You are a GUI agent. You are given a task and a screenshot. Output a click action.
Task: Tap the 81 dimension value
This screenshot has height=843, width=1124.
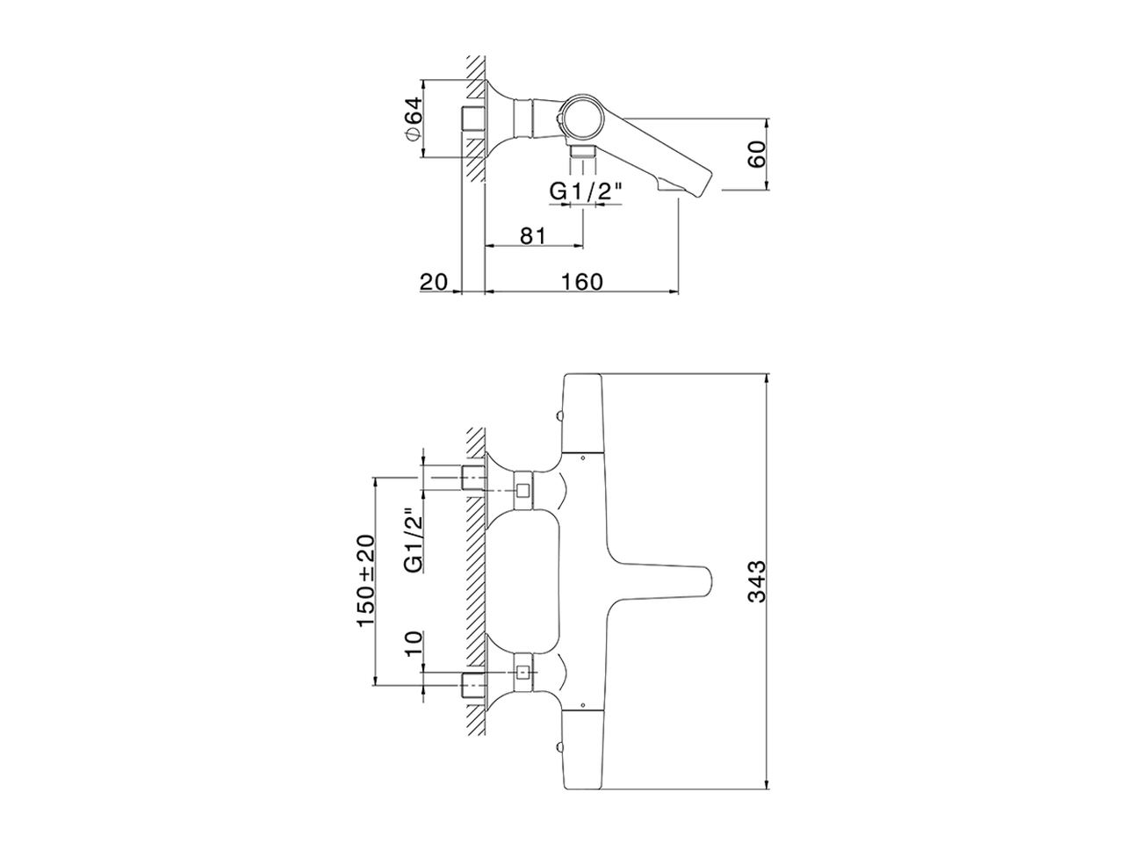pyautogui.click(x=533, y=235)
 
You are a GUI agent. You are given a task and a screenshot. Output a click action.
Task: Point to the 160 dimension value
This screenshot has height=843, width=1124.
pyautogui.click(x=582, y=281)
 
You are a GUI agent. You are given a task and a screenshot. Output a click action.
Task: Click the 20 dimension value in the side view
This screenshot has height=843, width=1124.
pyautogui.click(x=433, y=281)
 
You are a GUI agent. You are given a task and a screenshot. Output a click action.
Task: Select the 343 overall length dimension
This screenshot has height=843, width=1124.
pyautogui.click(x=757, y=581)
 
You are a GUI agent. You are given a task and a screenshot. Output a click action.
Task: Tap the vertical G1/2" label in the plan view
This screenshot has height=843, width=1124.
pyautogui.click(x=413, y=540)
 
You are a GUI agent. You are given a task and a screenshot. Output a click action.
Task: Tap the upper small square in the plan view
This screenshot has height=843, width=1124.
pyautogui.click(x=524, y=492)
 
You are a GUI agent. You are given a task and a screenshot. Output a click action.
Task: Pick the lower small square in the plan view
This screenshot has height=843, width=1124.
pyautogui.click(x=524, y=674)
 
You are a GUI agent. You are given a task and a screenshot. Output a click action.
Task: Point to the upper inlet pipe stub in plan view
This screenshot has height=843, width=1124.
pyautogui.click(x=473, y=479)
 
